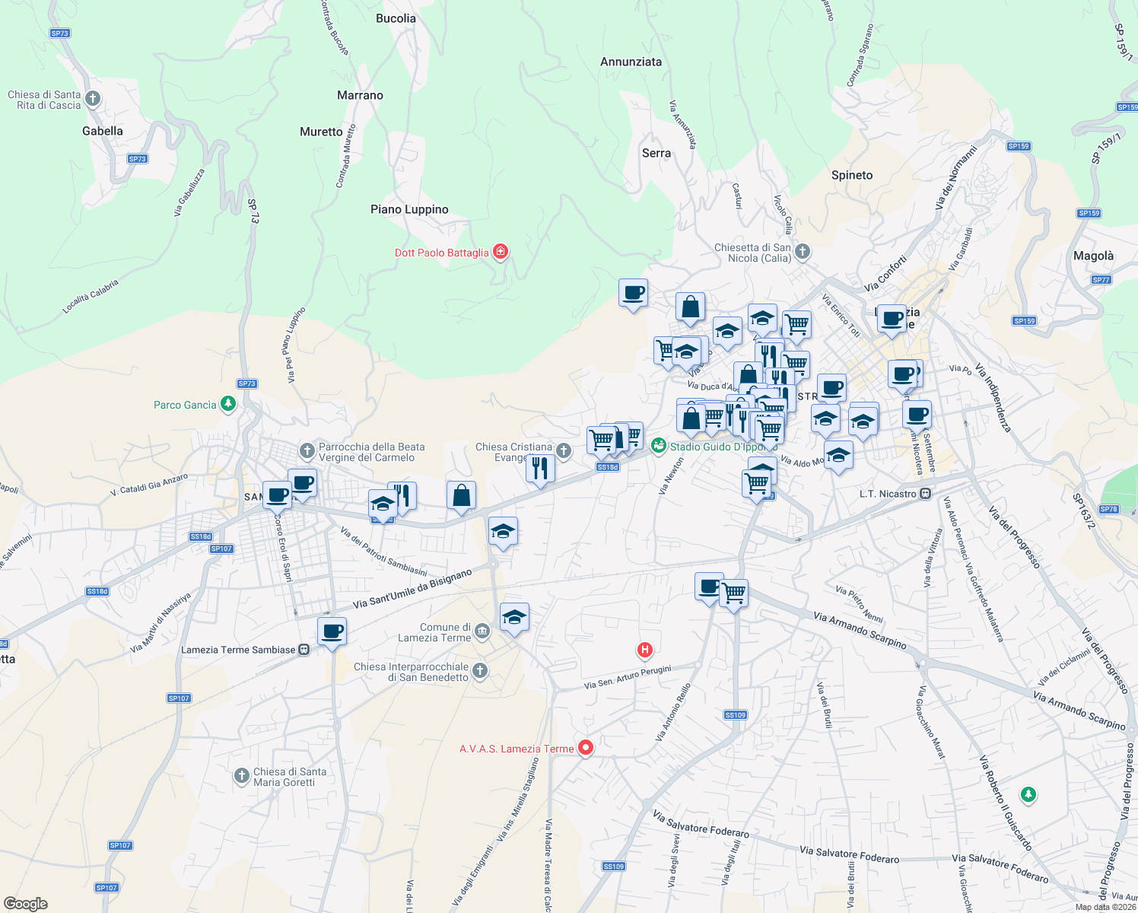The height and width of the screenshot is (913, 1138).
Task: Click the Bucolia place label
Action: point(396,18)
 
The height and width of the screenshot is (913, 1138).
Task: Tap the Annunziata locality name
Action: point(631,62)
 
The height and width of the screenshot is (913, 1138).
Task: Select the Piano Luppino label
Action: point(409,209)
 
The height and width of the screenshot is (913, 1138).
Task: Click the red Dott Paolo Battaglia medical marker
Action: point(500,252)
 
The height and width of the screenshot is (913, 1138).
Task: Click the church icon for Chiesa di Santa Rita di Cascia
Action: point(93,99)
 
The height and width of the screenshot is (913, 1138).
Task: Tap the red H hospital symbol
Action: point(645,650)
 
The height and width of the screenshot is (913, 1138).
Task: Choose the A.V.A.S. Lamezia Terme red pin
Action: point(585,748)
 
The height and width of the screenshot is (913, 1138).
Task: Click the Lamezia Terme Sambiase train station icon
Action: point(304,650)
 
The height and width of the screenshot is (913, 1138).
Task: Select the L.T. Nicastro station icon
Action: point(926,494)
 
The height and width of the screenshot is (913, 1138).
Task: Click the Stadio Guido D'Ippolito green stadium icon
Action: point(659,445)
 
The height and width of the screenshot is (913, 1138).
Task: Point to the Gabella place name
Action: point(103,131)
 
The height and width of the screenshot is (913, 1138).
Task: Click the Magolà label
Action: point(1093,256)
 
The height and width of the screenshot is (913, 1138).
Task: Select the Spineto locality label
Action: point(852,175)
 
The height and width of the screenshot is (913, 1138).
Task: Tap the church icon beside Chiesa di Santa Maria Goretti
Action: point(242,776)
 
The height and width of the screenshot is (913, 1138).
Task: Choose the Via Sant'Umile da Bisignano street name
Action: point(412,589)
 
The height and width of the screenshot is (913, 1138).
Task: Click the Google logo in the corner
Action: point(25,904)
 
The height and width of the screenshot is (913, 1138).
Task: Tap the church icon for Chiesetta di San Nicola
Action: point(803,251)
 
